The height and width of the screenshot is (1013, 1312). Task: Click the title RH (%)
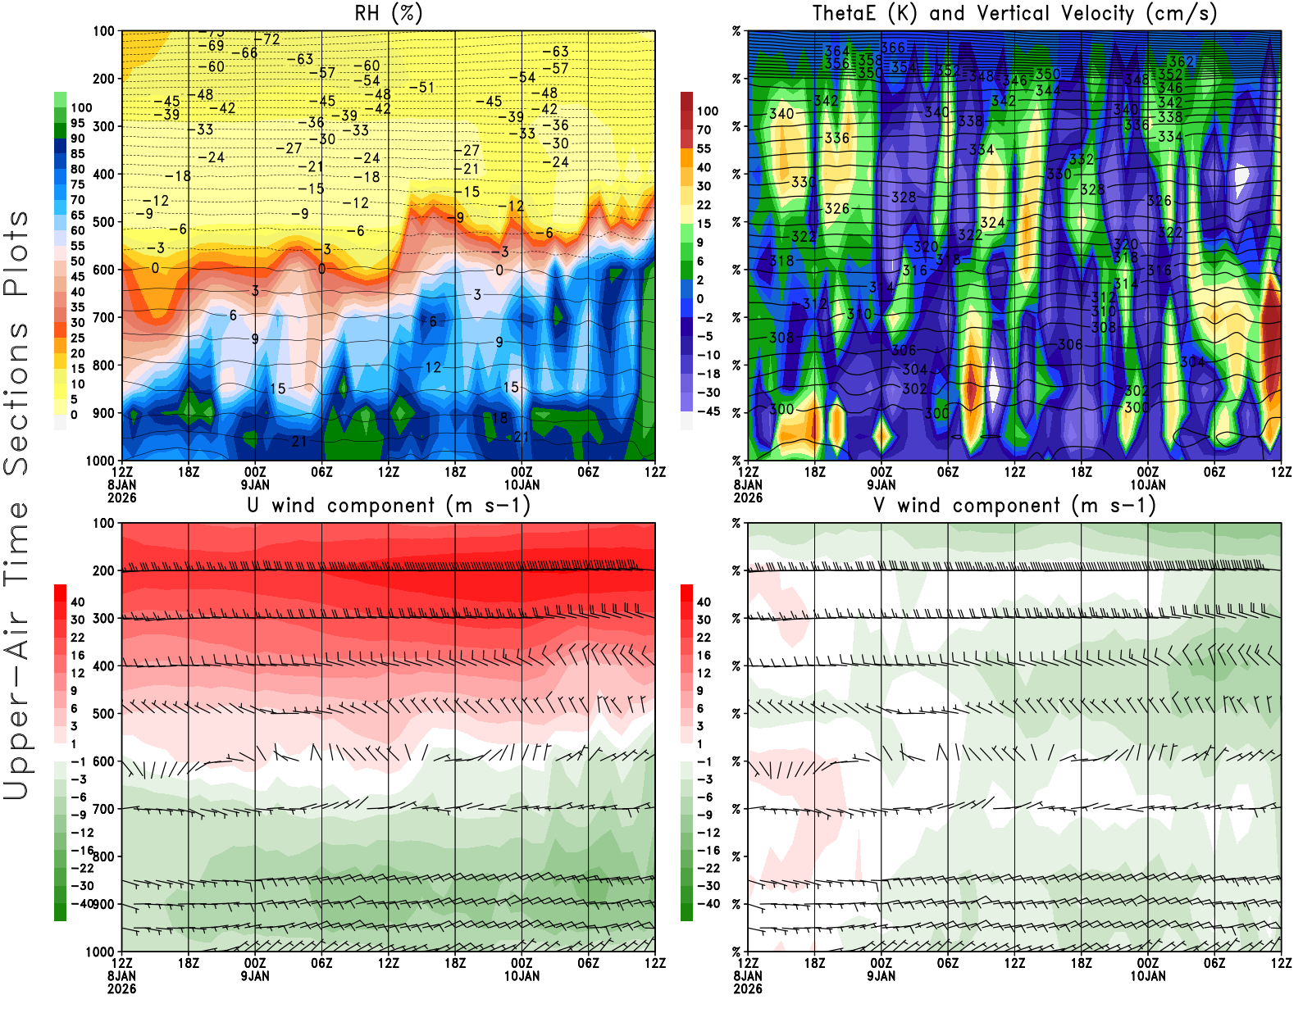(388, 14)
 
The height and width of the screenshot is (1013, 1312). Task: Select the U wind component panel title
(388, 506)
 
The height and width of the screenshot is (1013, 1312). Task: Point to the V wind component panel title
(1014, 506)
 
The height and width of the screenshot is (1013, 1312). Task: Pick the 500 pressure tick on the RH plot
(103, 222)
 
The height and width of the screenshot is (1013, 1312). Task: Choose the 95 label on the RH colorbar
(77, 123)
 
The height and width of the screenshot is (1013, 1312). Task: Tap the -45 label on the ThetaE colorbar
(707, 411)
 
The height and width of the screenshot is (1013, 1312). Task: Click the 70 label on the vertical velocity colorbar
(704, 129)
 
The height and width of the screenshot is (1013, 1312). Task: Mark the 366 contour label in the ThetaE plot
(893, 48)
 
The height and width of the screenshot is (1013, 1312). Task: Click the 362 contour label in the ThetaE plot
(1182, 61)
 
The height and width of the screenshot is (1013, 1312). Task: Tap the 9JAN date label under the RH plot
(255, 484)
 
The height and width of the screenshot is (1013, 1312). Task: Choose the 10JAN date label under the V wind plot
(1148, 976)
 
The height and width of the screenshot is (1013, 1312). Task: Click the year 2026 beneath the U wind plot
(121, 988)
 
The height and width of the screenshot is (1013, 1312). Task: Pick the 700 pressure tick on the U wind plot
(103, 809)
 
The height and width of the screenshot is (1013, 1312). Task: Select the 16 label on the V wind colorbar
(703, 656)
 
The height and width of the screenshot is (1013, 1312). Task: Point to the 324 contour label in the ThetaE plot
(992, 223)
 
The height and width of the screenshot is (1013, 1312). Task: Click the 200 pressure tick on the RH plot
(103, 79)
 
